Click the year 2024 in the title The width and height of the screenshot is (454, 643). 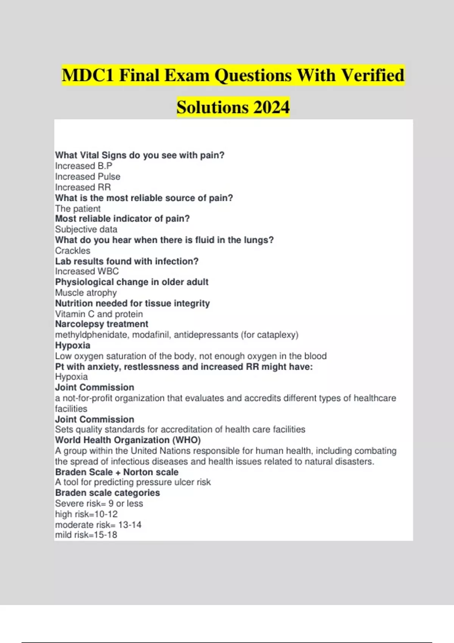click(271, 107)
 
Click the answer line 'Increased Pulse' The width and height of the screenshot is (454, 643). click(87, 177)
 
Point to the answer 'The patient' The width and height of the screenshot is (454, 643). click(78, 209)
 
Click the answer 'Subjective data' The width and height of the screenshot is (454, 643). click(86, 229)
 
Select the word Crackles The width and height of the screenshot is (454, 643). click(73, 251)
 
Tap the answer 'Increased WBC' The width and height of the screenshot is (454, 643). click(87, 271)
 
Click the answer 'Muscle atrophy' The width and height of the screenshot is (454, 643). click(86, 293)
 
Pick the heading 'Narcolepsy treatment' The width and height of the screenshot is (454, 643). click(101, 324)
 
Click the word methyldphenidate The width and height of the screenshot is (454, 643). click(92, 335)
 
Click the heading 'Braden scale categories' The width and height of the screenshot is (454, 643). click(107, 493)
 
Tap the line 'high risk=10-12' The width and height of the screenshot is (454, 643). click(86, 514)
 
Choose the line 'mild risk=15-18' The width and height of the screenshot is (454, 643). click(86, 535)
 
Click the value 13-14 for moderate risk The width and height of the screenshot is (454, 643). click(130, 525)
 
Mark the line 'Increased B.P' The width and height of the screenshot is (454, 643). click(84, 166)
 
